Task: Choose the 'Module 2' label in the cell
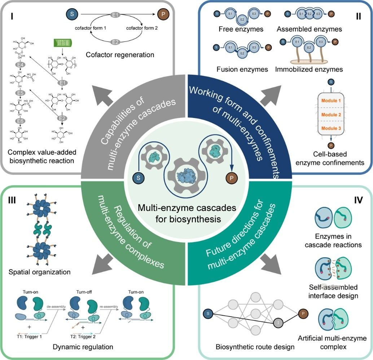[x=329, y=114]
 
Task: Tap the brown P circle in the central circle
[x=231, y=177]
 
